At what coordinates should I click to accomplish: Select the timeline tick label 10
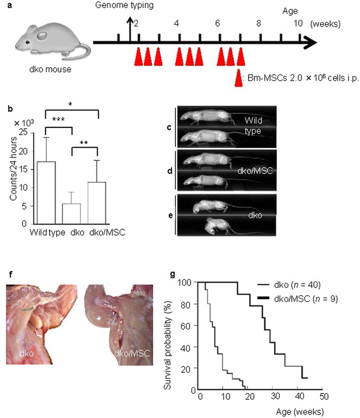click(x=299, y=24)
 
